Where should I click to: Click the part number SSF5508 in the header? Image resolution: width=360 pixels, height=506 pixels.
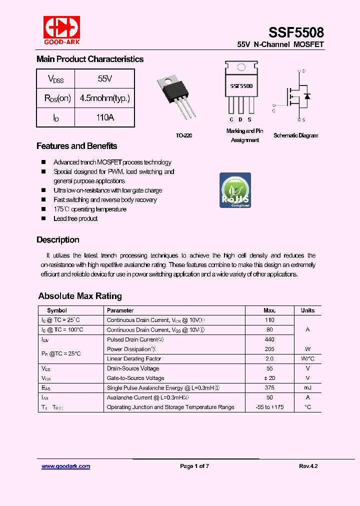tap(296, 32)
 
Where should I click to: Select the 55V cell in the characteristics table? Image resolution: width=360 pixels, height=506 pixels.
tap(104, 78)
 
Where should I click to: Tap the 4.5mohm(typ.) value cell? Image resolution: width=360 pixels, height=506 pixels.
tap(104, 98)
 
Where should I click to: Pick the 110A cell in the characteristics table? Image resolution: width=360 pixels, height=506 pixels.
tap(104, 117)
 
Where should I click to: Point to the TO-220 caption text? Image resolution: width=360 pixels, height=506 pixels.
tap(183, 135)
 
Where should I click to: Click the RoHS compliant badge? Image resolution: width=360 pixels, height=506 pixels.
tap(235, 190)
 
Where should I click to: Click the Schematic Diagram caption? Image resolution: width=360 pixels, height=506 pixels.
tap(295, 135)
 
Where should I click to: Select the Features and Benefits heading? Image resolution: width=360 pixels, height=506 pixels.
tap(76, 146)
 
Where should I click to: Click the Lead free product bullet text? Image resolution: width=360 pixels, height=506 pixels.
tap(75, 218)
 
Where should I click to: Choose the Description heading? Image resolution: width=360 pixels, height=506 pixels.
tap(57, 239)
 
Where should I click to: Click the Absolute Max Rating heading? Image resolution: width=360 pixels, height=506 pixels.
tap(80, 296)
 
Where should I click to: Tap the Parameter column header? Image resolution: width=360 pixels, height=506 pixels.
tap(120, 310)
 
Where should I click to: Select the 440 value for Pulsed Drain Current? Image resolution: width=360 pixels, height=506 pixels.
tap(269, 339)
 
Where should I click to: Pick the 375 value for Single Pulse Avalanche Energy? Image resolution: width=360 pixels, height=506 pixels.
tap(269, 388)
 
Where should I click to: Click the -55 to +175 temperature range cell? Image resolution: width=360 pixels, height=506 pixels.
tap(269, 407)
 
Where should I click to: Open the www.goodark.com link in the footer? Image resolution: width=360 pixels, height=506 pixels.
tap(65, 466)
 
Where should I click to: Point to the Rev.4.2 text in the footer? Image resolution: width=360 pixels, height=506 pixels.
tap(308, 466)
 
